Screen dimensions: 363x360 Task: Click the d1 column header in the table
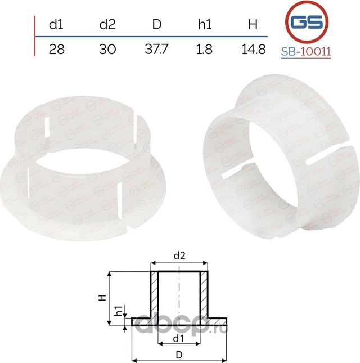pyautogui.click(x=57, y=25)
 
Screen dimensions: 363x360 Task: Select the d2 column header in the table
pyautogui.click(x=107, y=25)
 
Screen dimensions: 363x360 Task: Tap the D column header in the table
pyautogui.click(x=157, y=25)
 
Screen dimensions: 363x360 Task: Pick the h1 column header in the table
pyautogui.click(x=205, y=25)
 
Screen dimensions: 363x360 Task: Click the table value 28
pyautogui.click(x=57, y=49)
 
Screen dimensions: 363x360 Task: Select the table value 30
pyautogui.click(x=107, y=49)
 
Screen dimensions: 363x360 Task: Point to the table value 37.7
pyautogui.click(x=157, y=49)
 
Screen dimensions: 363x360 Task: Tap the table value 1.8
pyautogui.click(x=205, y=49)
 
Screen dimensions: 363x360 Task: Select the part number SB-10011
pyautogui.click(x=306, y=52)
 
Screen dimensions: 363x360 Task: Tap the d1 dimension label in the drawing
pyautogui.click(x=178, y=338)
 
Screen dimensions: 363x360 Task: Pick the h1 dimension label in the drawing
pyautogui.click(x=119, y=311)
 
